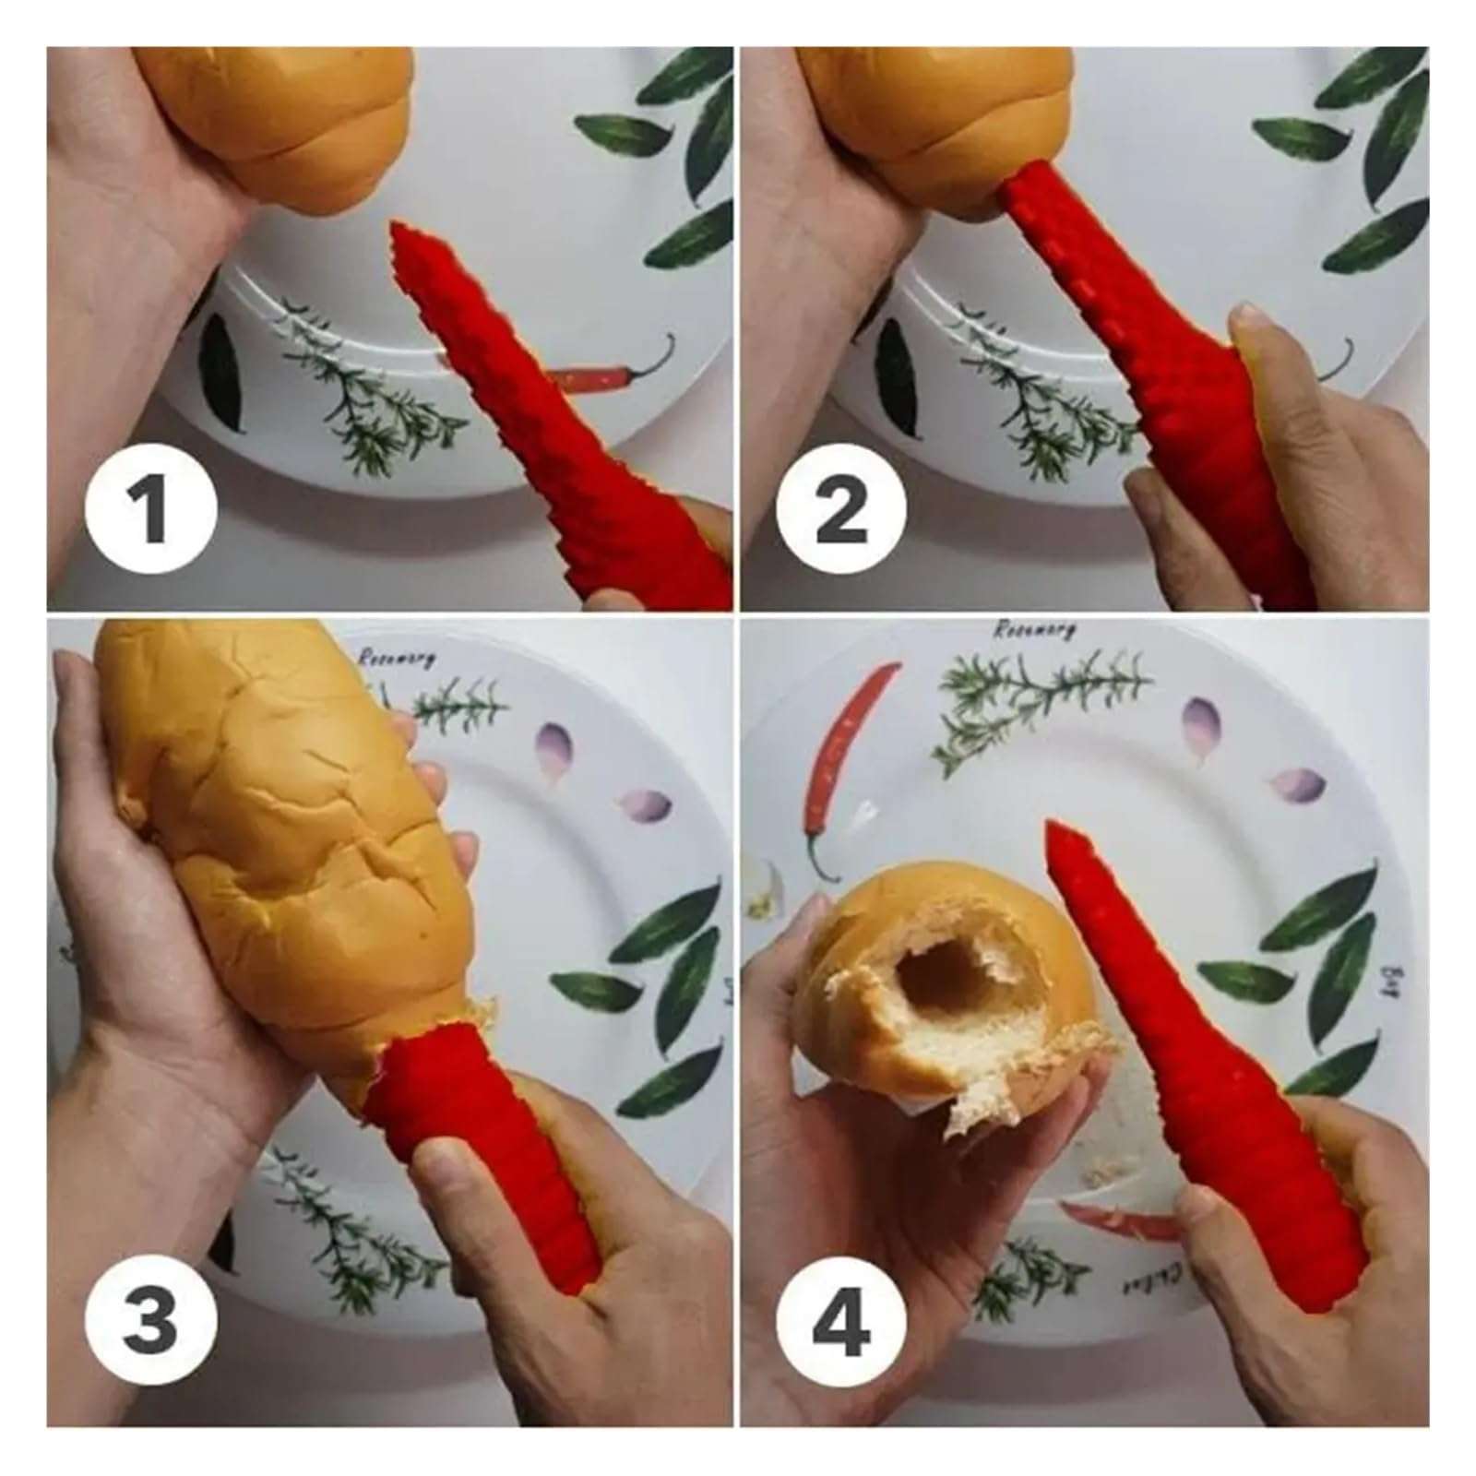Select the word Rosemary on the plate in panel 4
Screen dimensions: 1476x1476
coord(1035,630)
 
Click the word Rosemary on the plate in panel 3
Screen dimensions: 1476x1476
coord(397,658)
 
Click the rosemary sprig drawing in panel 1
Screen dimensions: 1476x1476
coord(369,397)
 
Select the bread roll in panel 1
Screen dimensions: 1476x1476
coord(277,120)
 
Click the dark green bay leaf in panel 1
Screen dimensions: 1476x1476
coord(221,369)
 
